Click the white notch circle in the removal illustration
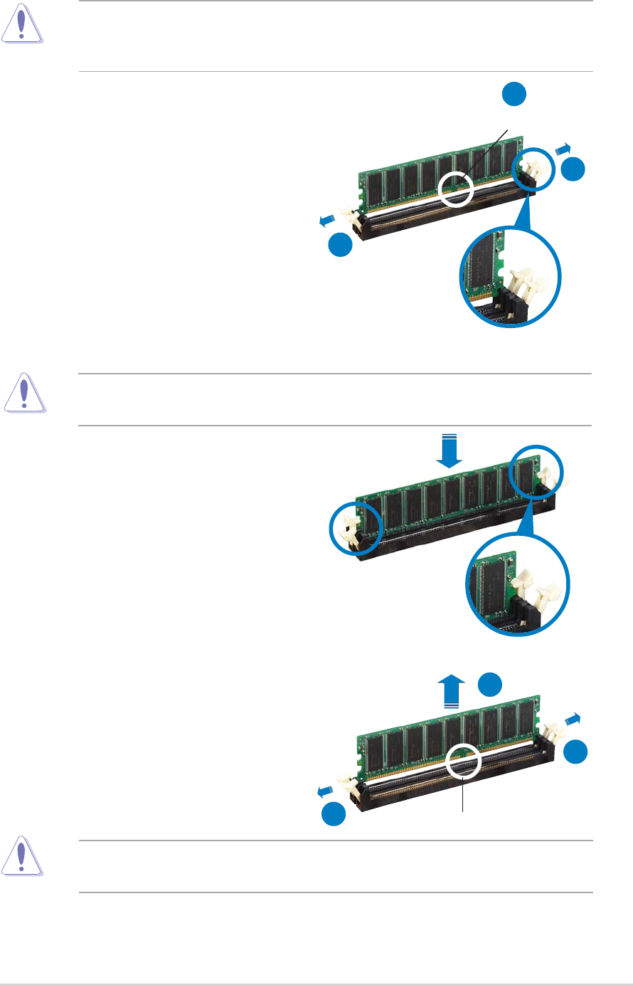[x=463, y=762]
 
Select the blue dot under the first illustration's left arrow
[x=341, y=244]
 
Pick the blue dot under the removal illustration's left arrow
[x=334, y=814]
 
